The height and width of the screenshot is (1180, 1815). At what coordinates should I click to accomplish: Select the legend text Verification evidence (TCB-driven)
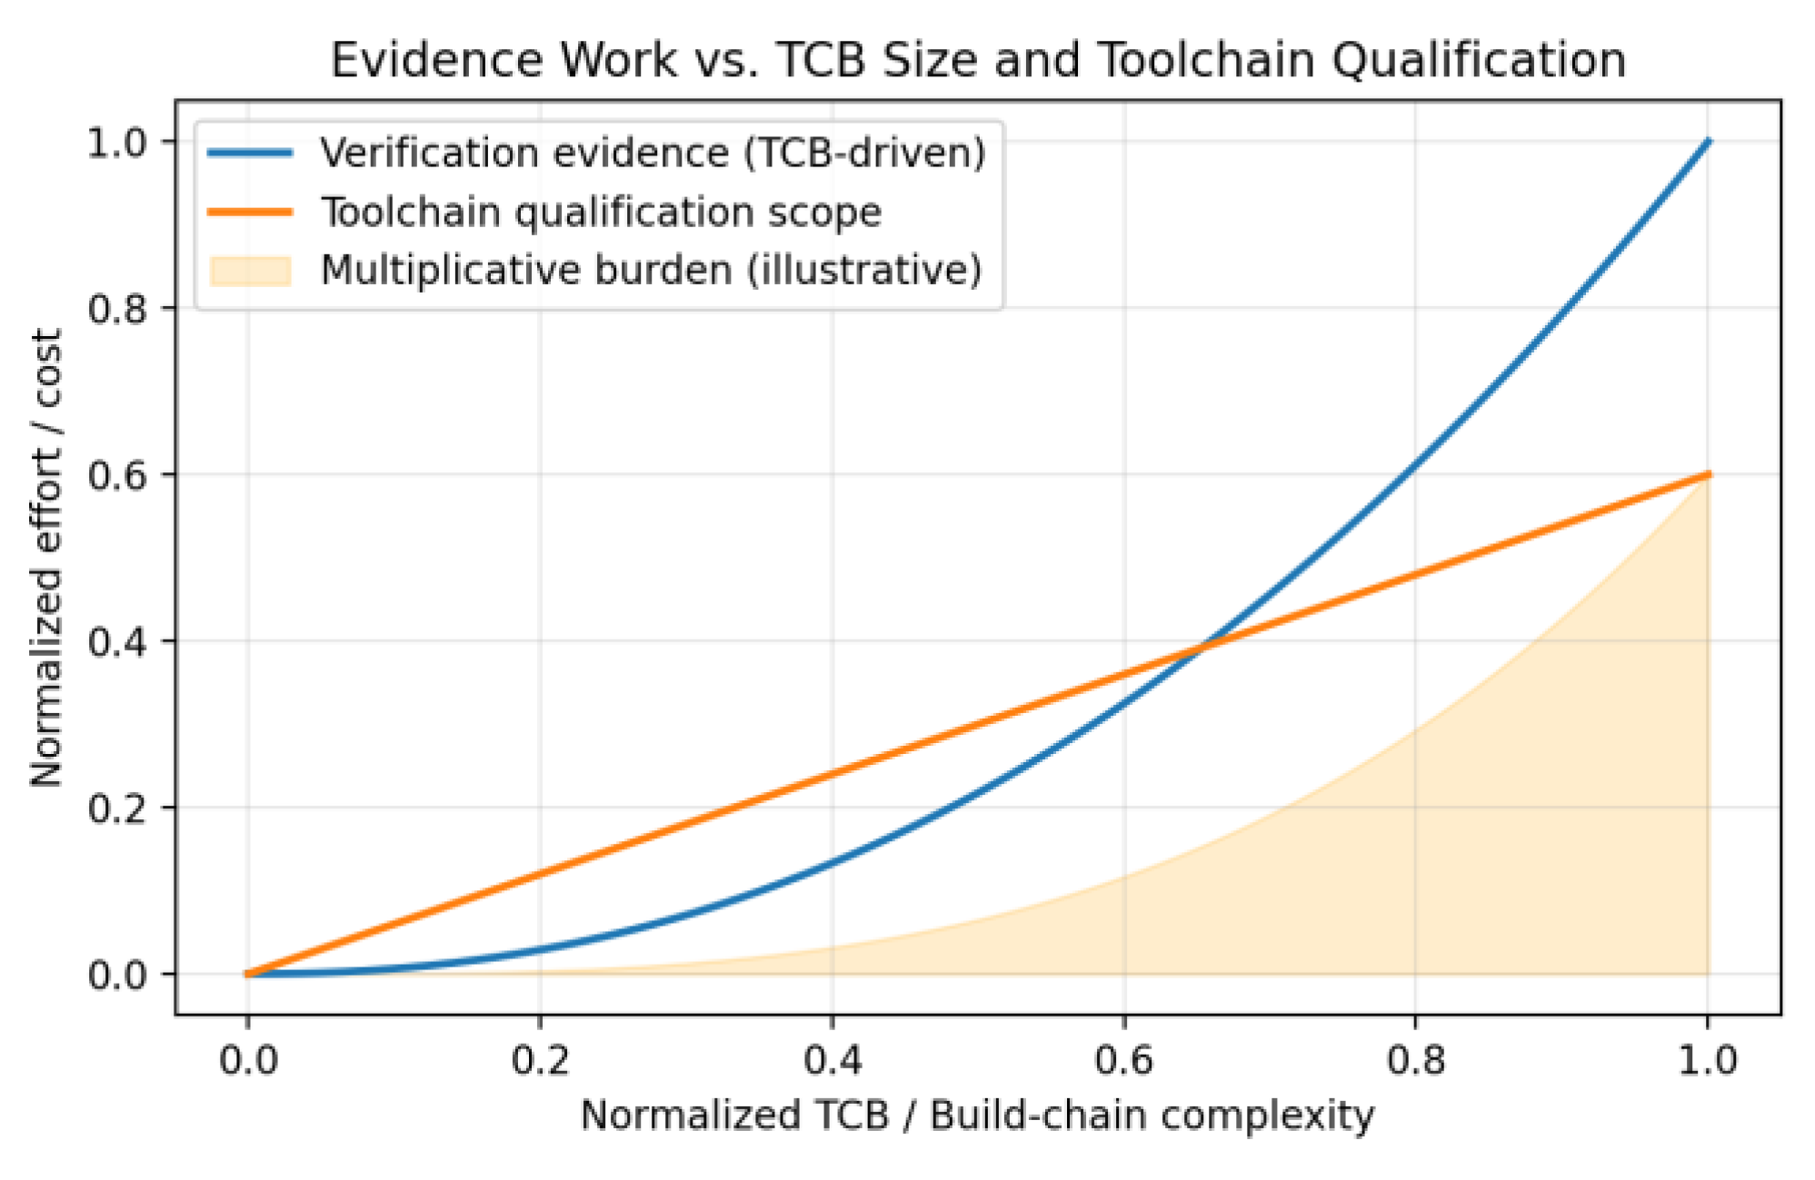[653, 153]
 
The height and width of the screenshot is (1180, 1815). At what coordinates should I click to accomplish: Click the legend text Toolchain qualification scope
[601, 212]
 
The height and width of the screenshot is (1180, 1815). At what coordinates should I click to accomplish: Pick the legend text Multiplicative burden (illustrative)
[651, 271]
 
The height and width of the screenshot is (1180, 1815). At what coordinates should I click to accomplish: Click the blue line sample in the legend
[250, 153]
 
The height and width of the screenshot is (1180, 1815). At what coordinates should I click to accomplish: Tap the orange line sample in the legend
[250, 212]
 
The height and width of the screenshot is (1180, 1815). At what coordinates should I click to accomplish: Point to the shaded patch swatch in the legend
[250, 271]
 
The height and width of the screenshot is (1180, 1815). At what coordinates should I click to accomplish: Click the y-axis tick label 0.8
[117, 309]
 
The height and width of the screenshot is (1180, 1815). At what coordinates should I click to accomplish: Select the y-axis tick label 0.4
[117, 642]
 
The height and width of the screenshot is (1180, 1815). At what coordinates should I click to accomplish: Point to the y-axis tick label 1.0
[117, 143]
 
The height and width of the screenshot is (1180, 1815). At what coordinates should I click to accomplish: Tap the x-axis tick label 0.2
[540, 1060]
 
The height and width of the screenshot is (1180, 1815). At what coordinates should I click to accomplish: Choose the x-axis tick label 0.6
[1124, 1060]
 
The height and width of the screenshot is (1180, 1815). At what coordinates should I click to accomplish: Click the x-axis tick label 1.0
[1708, 1060]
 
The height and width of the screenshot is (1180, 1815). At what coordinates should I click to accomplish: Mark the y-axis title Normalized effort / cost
[46, 557]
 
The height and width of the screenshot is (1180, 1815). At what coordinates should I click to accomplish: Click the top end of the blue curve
[1709, 142]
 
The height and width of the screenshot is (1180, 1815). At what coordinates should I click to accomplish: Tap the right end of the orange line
[1709, 474]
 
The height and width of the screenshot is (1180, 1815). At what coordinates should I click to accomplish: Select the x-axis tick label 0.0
[248, 1060]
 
